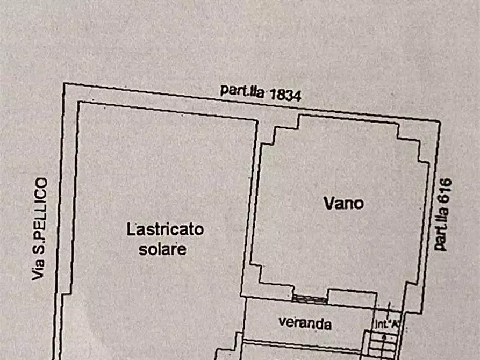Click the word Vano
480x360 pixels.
pyautogui.click(x=343, y=203)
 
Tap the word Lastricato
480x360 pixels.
pyautogui.click(x=165, y=230)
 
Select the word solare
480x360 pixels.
pyautogui.click(x=162, y=249)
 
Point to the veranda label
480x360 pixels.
pyautogui.click(x=305, y=324)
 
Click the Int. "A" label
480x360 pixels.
pyautogui.click(x=386, y=323)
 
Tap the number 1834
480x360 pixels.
pyautogui.click(x=285, y=95)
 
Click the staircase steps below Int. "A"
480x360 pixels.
pyautogui.click(x=383, y=344)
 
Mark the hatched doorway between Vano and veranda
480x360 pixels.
pyautogui.click(x=310, y=298)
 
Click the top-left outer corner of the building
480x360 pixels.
pyautogui.click(x=64, y=84)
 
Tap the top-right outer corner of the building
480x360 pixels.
pyautogui.click(x=440, y=123)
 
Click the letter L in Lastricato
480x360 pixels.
pyautogui.click(x=130, y=230)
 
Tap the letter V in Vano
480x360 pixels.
pyautogui.click(x=328, y=203)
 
